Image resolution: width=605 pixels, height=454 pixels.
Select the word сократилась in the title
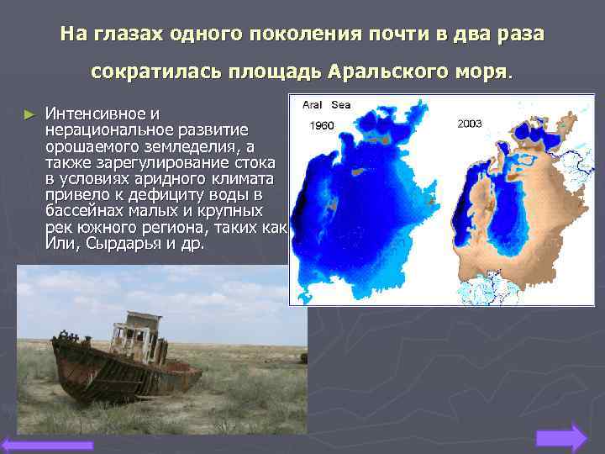(x=160, y=71)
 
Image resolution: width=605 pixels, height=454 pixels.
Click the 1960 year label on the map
(x=322, y=125)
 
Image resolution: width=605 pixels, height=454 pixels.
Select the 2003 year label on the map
(x=470, y=123)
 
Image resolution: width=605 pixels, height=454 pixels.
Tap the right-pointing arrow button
(x=560, y=439)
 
